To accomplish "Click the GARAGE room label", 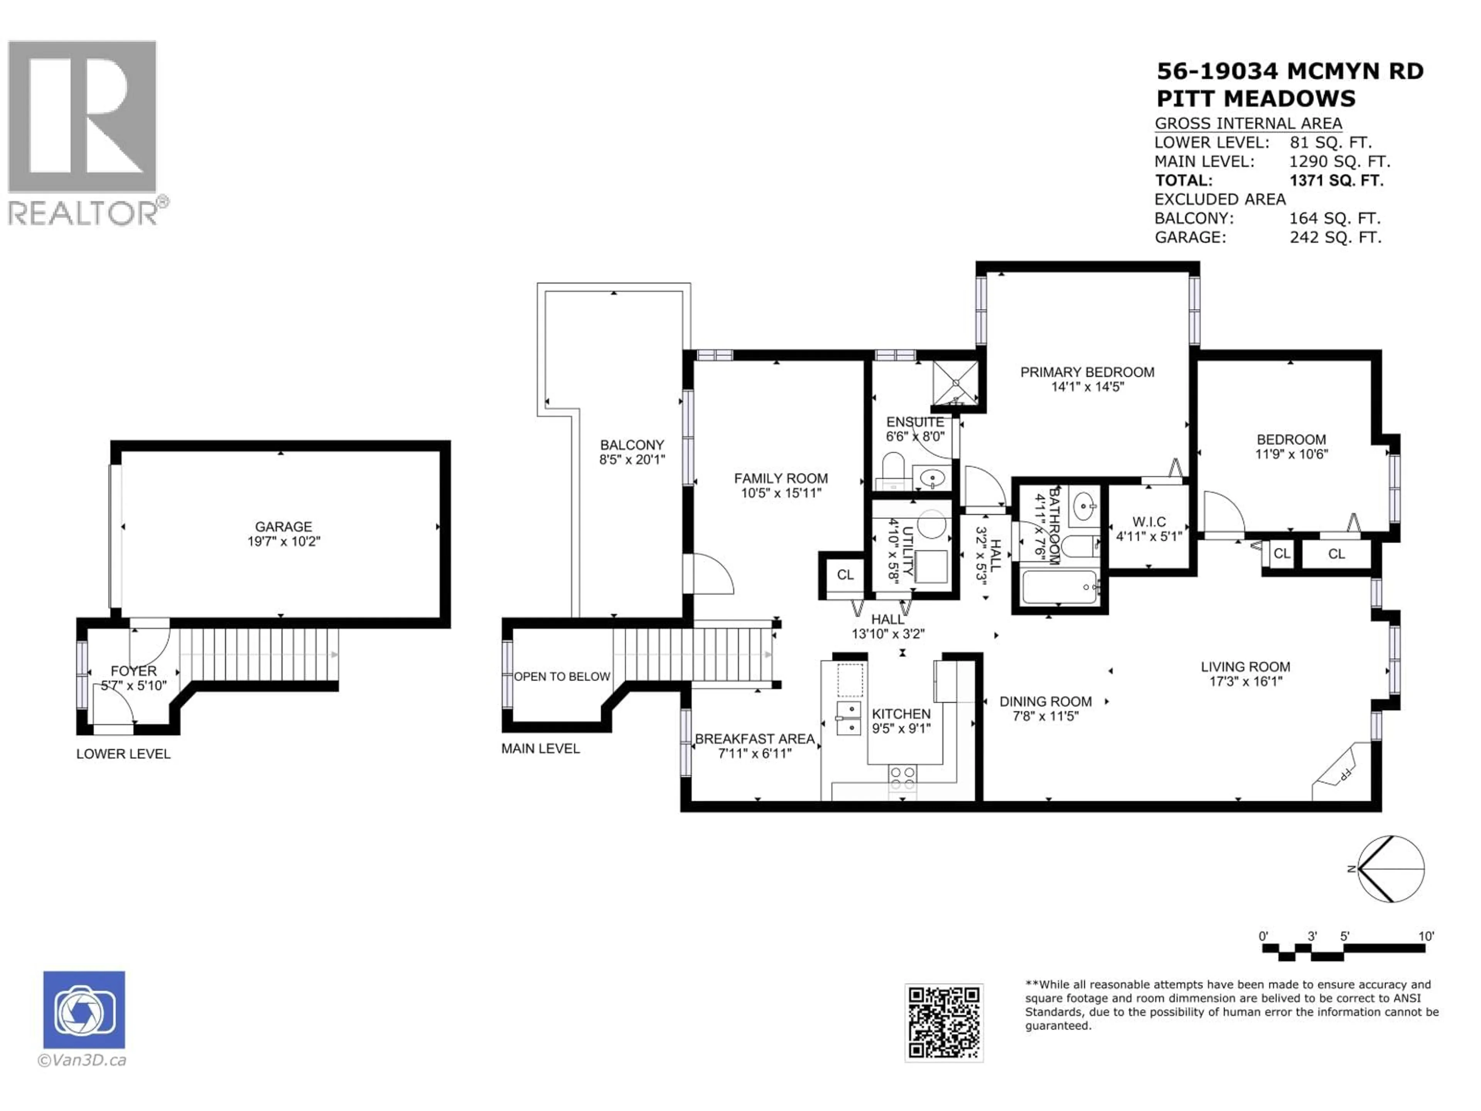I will (x=283, y=526).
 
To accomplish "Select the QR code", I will (x=943, y=1023).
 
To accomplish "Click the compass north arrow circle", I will (x=1391, y=869).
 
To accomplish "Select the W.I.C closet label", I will (x=1149, y=522).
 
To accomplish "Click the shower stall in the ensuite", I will (x=955, y=384).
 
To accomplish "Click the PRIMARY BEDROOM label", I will (x=1087, y=372).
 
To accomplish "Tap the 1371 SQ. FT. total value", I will (x=1336, y=180).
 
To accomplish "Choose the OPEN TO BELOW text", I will (x=562, y=676).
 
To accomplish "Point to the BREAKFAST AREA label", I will (x=754, y=739).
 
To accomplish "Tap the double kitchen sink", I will (x=849, y=718).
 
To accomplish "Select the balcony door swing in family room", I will (x=712, y=574).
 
